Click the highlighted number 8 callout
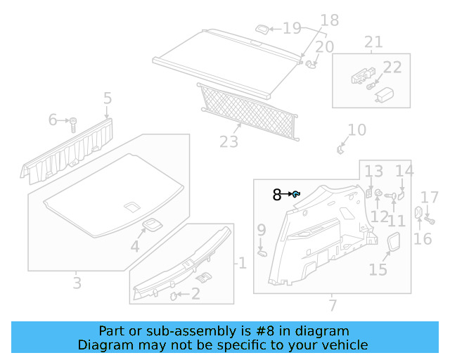tap(277, 195)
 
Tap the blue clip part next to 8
tap(297, 194)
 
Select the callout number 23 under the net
tap(229, 142)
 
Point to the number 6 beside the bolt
tap(52, 120)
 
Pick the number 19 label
tap(292, 28)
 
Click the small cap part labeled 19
tap(260, 29)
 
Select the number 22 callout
tap(392, 67)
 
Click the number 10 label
tap(357, 130)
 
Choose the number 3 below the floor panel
tap(77, 283)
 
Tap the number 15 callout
tap(378, 270)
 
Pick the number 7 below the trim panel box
tap(333, 305)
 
